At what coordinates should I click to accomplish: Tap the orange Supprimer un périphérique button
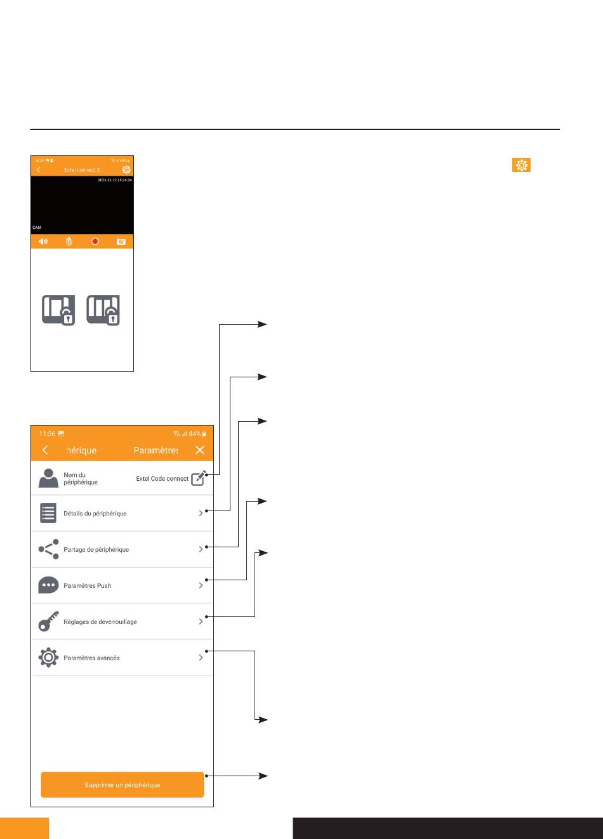(x=122, y=784)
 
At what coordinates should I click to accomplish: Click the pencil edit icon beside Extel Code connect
(x=199, y=478)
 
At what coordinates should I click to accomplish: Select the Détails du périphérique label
(x=95, y=513)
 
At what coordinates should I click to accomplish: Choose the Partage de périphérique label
(x=96, y=549)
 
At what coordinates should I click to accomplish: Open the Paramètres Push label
(x=88, y=585)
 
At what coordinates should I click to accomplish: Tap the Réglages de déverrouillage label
(x=100, y=621)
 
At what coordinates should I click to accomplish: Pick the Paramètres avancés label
(x=92, y=658)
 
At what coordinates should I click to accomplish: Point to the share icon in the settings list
(x=49, y=549)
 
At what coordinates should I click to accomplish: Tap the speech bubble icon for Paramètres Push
(x=49, y=585)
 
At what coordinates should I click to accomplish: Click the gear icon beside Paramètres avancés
(x=49, y=658)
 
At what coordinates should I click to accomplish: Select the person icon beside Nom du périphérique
(x=49, y=478)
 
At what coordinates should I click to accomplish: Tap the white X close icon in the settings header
(x=200, y=450)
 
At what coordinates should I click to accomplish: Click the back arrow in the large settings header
(x=45, y=450)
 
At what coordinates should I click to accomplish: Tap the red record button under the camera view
(x=95, y=242)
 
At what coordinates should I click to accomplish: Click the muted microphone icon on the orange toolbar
(x=69, y=242)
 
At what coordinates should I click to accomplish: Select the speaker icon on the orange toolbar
(x=43, y=242)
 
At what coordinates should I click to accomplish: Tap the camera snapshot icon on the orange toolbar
(x=121, y=242)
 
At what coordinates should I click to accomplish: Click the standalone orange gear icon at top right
(x=521, y=166)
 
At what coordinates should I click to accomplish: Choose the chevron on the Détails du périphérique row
(x=201, y=512)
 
